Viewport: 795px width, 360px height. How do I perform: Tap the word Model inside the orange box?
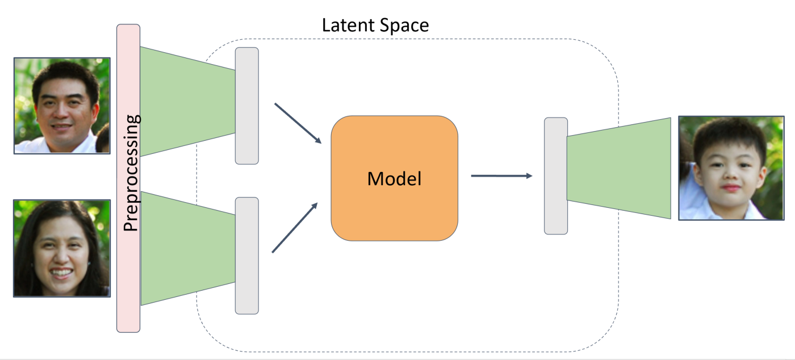click(394, 179)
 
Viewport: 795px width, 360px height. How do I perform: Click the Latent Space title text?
click(375, 26)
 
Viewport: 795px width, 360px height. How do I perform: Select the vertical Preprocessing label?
click(131, 173)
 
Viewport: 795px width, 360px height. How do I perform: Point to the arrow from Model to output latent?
click(501, 176)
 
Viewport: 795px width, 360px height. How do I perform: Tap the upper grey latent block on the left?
click(246, 106)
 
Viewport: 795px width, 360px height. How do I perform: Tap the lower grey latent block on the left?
click(246, 256)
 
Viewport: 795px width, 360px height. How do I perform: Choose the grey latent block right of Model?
click(555, 176)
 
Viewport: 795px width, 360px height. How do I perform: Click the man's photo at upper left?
click(62, 106)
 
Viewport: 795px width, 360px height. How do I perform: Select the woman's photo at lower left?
click(61, 248)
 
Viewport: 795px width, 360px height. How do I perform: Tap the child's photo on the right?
click(731, 168)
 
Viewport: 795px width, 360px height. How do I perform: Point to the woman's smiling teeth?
click(62, 273)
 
